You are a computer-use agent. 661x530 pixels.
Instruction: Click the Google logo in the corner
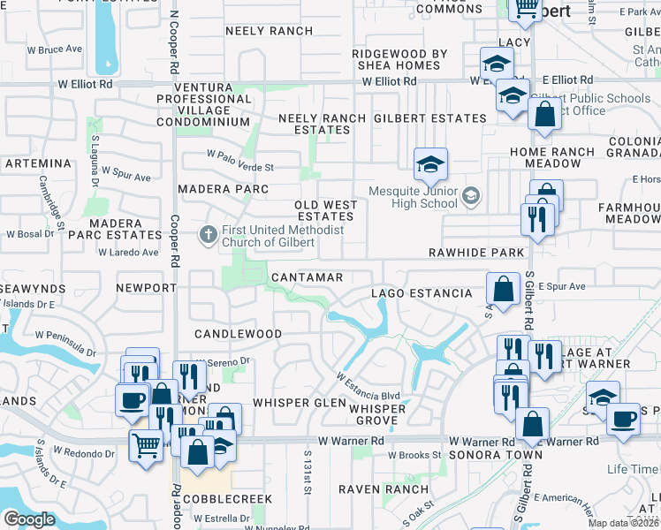(x=29, y=519)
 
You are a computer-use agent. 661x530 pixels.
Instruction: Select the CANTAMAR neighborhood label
(x=307, y=277)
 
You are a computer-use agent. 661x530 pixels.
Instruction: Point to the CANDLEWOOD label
(x=238, y=335)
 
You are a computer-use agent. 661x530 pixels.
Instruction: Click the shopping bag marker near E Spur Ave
(x=503, y=289)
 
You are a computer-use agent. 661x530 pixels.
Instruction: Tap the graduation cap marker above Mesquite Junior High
(x=430, y=164)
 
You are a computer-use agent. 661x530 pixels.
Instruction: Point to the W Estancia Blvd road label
(x=368, y=387)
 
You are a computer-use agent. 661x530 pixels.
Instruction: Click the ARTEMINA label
(x=37, y=163)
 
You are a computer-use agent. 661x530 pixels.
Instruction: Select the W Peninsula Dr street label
(x=66, y=344)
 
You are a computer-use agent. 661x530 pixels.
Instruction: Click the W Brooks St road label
(x=414, y=455)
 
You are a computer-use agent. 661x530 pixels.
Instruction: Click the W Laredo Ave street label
(x=128, y=253)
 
